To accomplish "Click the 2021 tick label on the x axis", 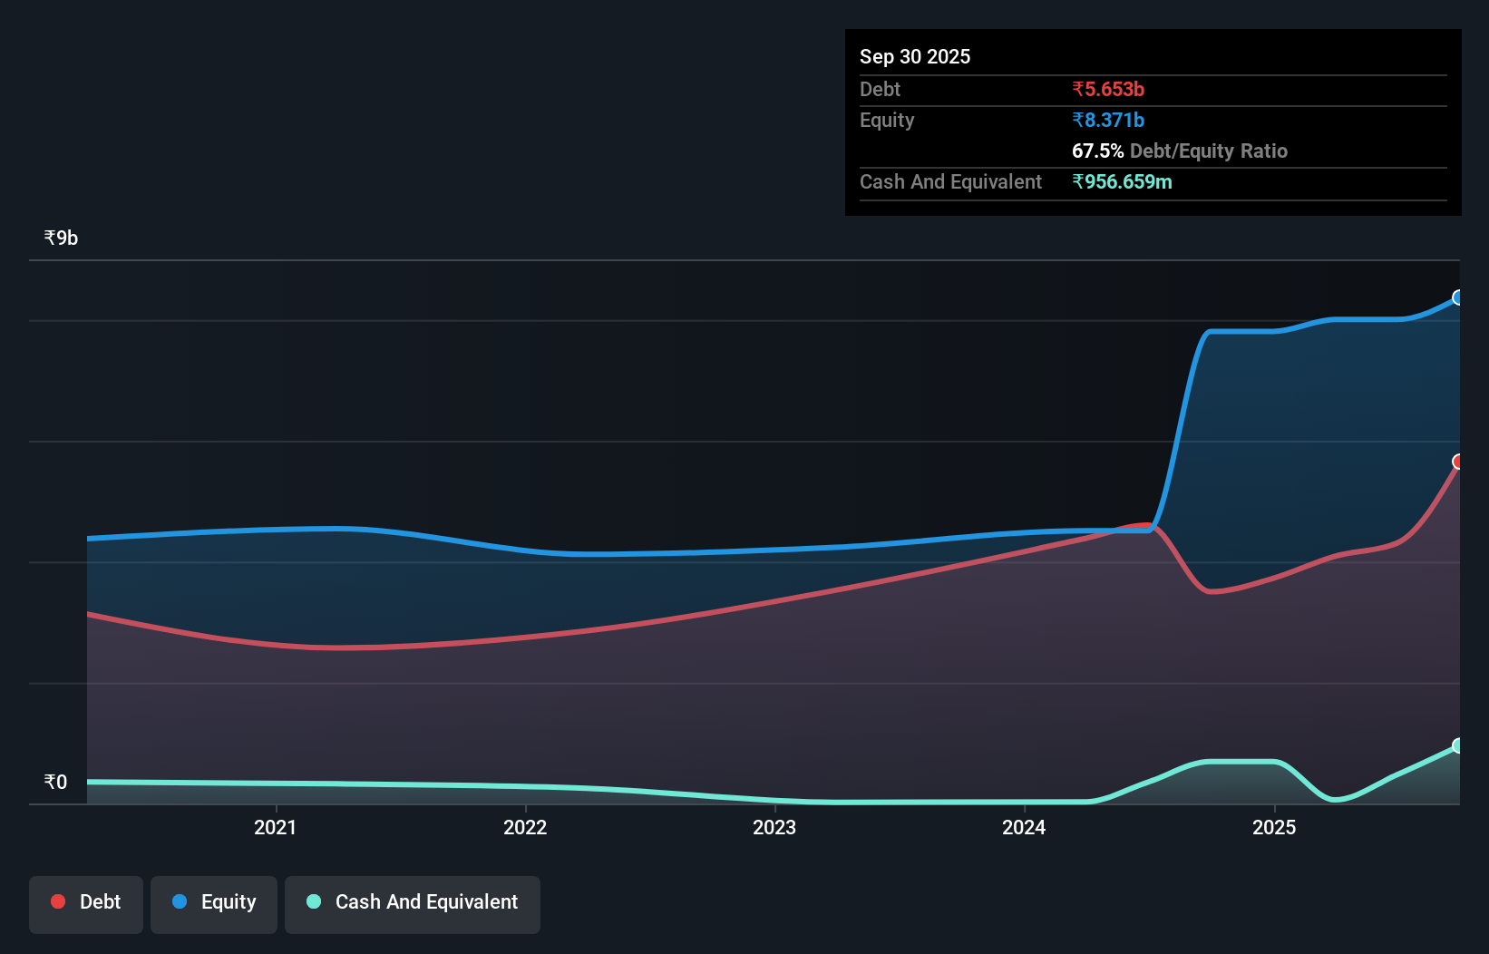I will point(275,827).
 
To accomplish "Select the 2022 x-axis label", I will point(525,827).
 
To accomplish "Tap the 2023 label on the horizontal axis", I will point(774,827).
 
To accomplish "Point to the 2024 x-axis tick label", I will point(1024,827).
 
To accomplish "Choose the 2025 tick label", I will point(1274,827).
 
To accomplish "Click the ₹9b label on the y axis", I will point(61,238).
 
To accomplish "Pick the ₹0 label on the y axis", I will point(55,782).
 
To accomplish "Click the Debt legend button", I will point(86,902).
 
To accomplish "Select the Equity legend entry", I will point(214,902).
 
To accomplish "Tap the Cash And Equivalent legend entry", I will point(413,902).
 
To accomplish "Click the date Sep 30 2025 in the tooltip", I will point(915,56).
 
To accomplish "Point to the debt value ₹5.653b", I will point(1108,89).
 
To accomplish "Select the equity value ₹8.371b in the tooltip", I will point(1108,120).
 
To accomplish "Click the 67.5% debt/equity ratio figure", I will point(1097,151).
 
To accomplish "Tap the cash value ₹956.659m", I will point(1122,181).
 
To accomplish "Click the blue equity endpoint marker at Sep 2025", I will point(1458,297).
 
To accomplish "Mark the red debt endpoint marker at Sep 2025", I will point(1458,462).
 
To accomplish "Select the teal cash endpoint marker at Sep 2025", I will point(1458,745).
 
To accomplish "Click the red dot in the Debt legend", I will point(58,901).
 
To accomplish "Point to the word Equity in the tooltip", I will point(887,120).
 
